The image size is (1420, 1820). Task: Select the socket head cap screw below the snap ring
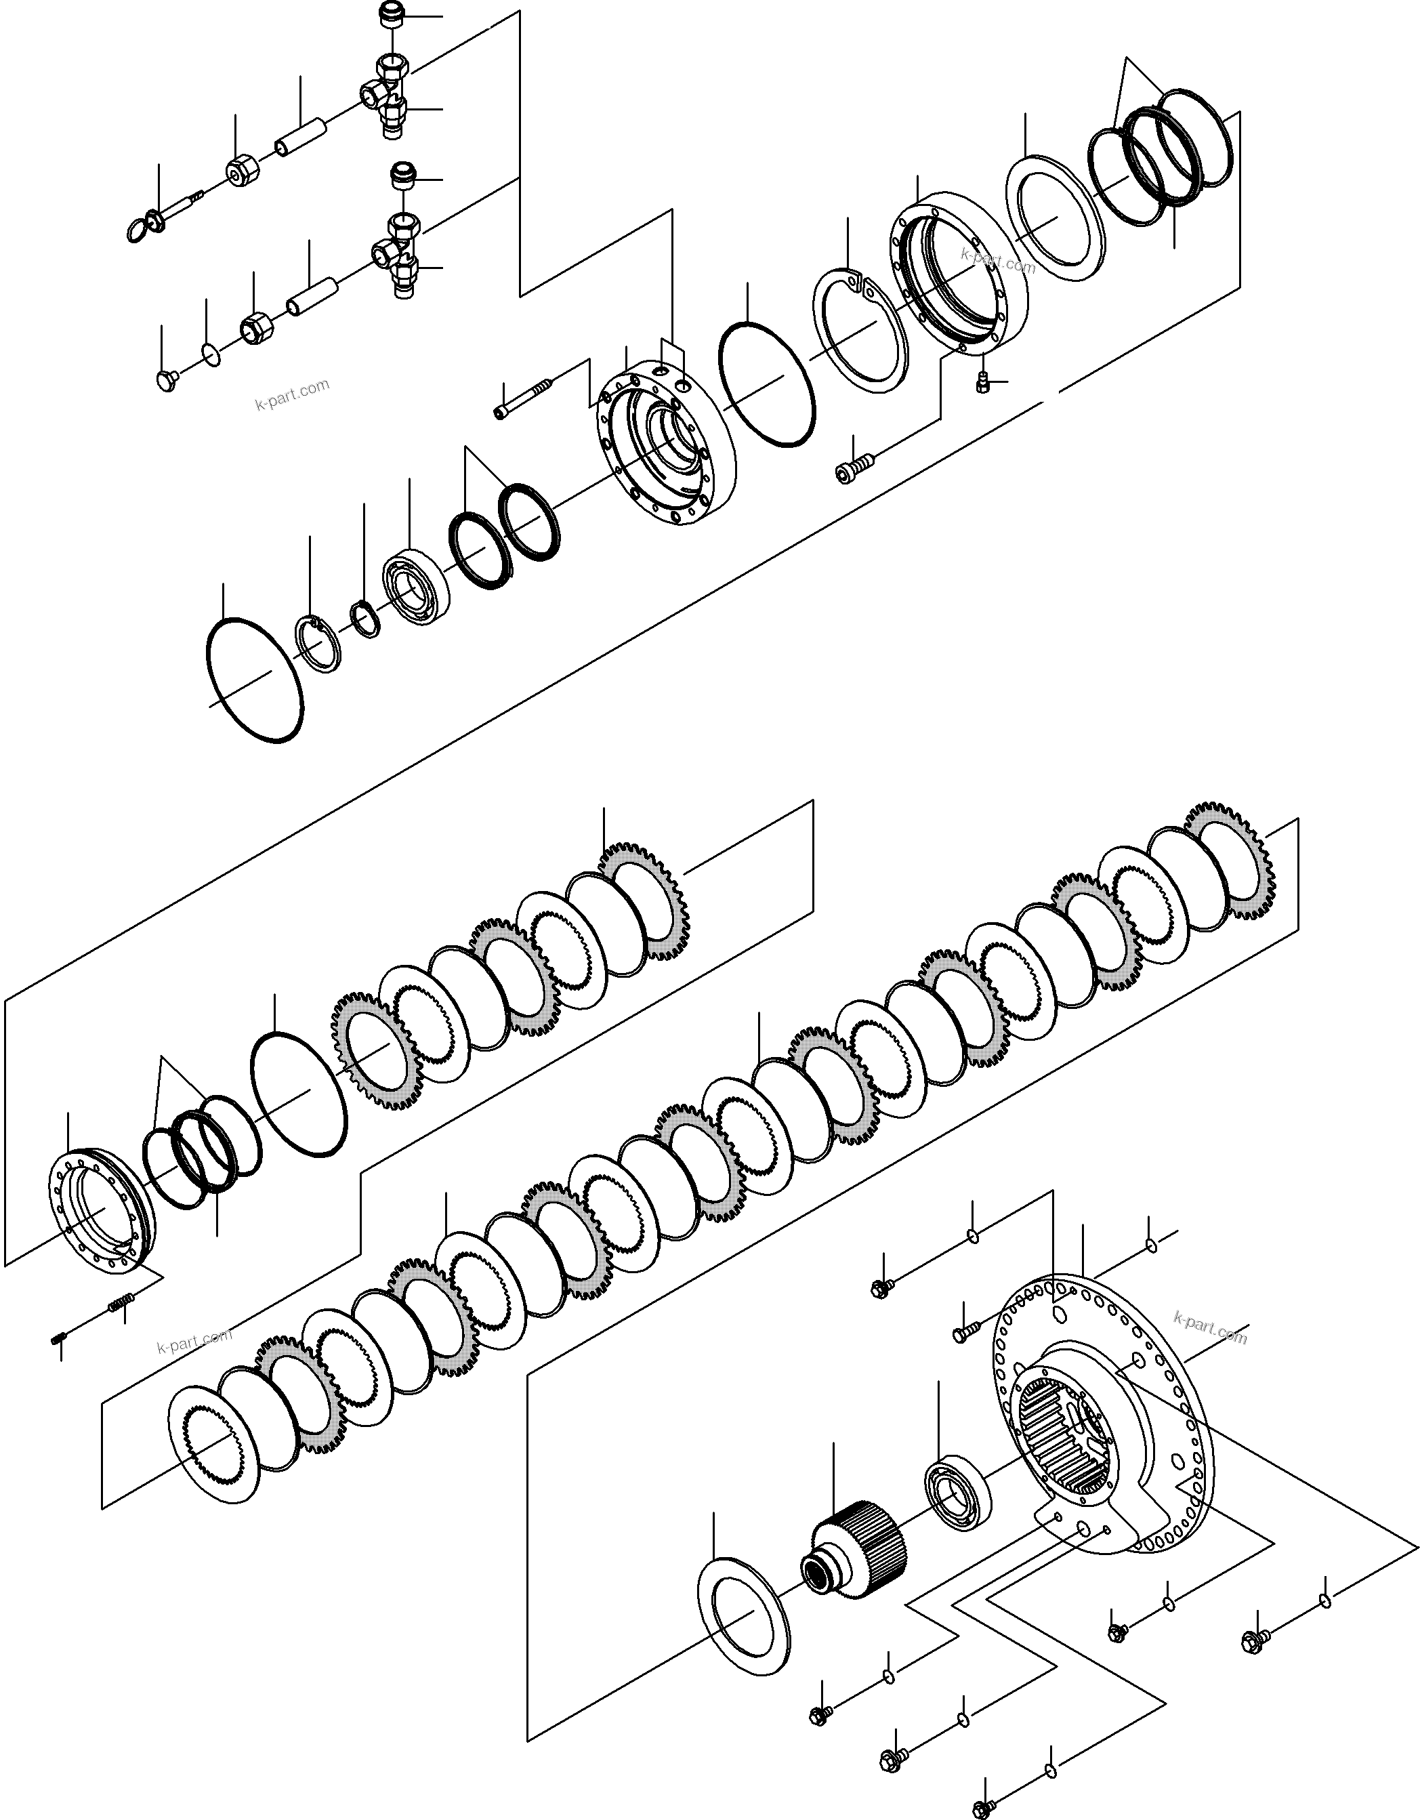point(854,467)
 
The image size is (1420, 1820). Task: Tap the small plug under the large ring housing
point(983,383)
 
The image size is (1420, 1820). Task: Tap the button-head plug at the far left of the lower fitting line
point(167,381)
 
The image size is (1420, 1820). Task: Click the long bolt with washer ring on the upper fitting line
point(171,213)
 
